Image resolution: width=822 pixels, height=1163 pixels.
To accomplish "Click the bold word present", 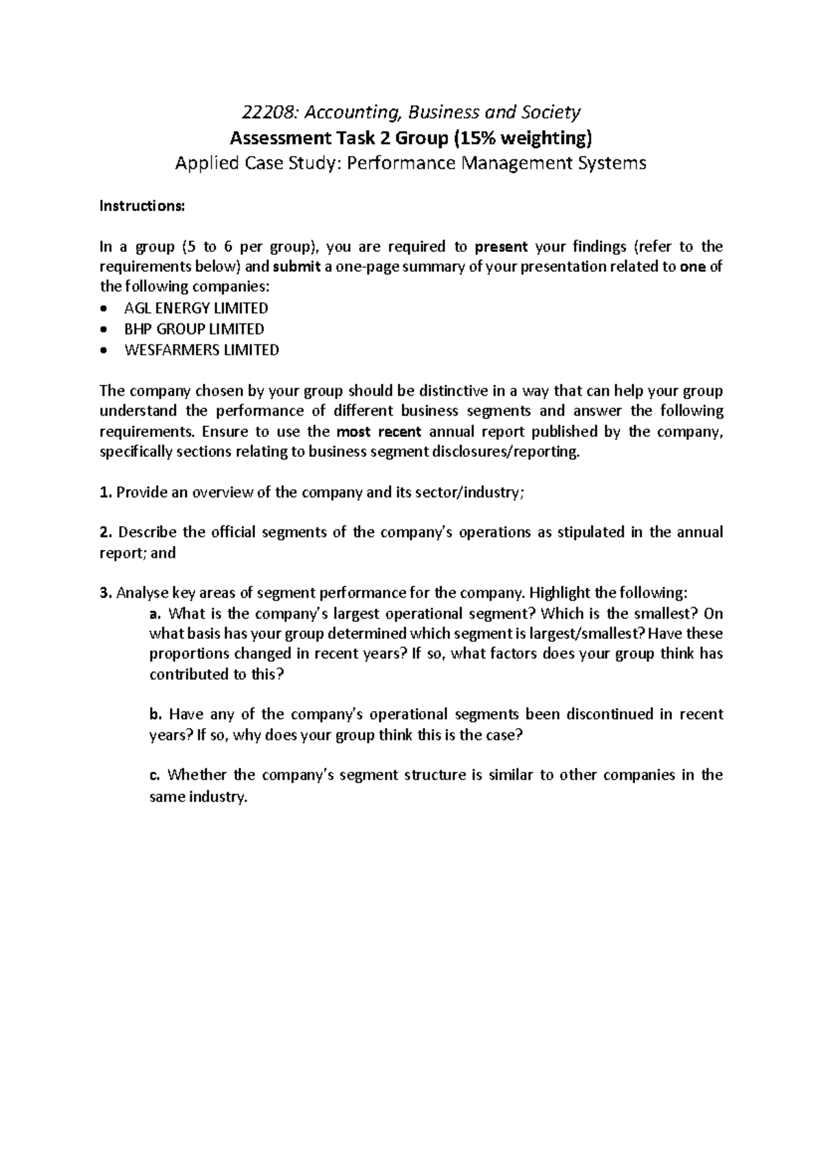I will [x=501, y=247].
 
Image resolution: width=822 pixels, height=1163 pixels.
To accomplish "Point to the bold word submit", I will [x=297, y=267].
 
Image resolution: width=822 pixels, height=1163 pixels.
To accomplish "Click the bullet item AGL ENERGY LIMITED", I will [x=196, y=308].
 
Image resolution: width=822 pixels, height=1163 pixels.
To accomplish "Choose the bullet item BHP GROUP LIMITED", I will [x=194, y=329].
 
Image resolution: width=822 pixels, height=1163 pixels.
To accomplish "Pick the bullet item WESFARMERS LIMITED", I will [x=201, y=350].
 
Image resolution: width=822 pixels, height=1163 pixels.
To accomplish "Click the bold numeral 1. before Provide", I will [x=105, y=492].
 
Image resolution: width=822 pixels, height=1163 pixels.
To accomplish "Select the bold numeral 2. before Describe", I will [x=105, y=532].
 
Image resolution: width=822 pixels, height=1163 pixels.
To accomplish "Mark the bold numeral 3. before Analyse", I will [x=105, y=592].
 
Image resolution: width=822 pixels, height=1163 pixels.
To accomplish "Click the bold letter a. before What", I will [x=155, y=613].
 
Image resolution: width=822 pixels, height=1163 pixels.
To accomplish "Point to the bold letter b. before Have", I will [x=155, y=714].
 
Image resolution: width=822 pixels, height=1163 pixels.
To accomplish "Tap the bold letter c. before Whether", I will [x=154, y=775].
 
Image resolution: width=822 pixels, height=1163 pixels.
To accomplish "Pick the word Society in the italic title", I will [x=553, y=112].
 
